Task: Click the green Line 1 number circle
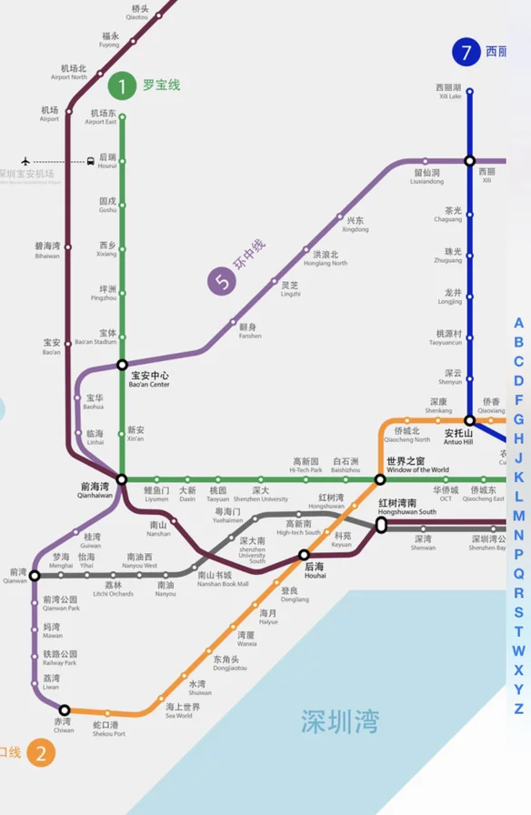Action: click(x=121, y=86)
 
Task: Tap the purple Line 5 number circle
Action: click(x=221, y=282)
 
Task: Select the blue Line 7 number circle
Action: click(x=466, y=52)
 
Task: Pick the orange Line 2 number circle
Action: click(x=40, y=752)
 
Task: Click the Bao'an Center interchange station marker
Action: click(x=122, y=365)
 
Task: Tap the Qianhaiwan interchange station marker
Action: click(x=121, y=478)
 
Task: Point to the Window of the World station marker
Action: click(x=380, y=479)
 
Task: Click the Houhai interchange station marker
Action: click(x=305, y=554)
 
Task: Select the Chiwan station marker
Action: click(x=65, y=709)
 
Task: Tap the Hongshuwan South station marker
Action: click(x=381, y=524)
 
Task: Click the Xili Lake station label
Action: click(x=449, y=91)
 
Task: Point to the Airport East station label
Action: click(x=102, y=117)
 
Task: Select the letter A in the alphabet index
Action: click(x=518, y=323)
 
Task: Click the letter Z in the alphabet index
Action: click(x=518, y=709)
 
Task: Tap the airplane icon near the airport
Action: click(x=25, y=161)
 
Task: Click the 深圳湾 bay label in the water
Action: click(x=340, y=722)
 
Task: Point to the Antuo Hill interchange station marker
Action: click(x=469, y=420)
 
